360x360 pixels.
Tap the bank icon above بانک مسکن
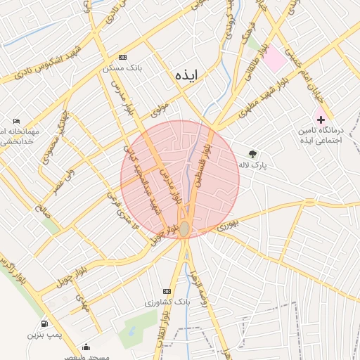[123, 57]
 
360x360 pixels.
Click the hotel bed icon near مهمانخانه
[16, 121]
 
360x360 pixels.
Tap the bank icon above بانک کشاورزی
[167, 290]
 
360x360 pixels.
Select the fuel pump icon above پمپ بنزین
[45, 323]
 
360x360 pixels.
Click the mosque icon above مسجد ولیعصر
[86, 347]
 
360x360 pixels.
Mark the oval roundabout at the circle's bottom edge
[184, 229]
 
